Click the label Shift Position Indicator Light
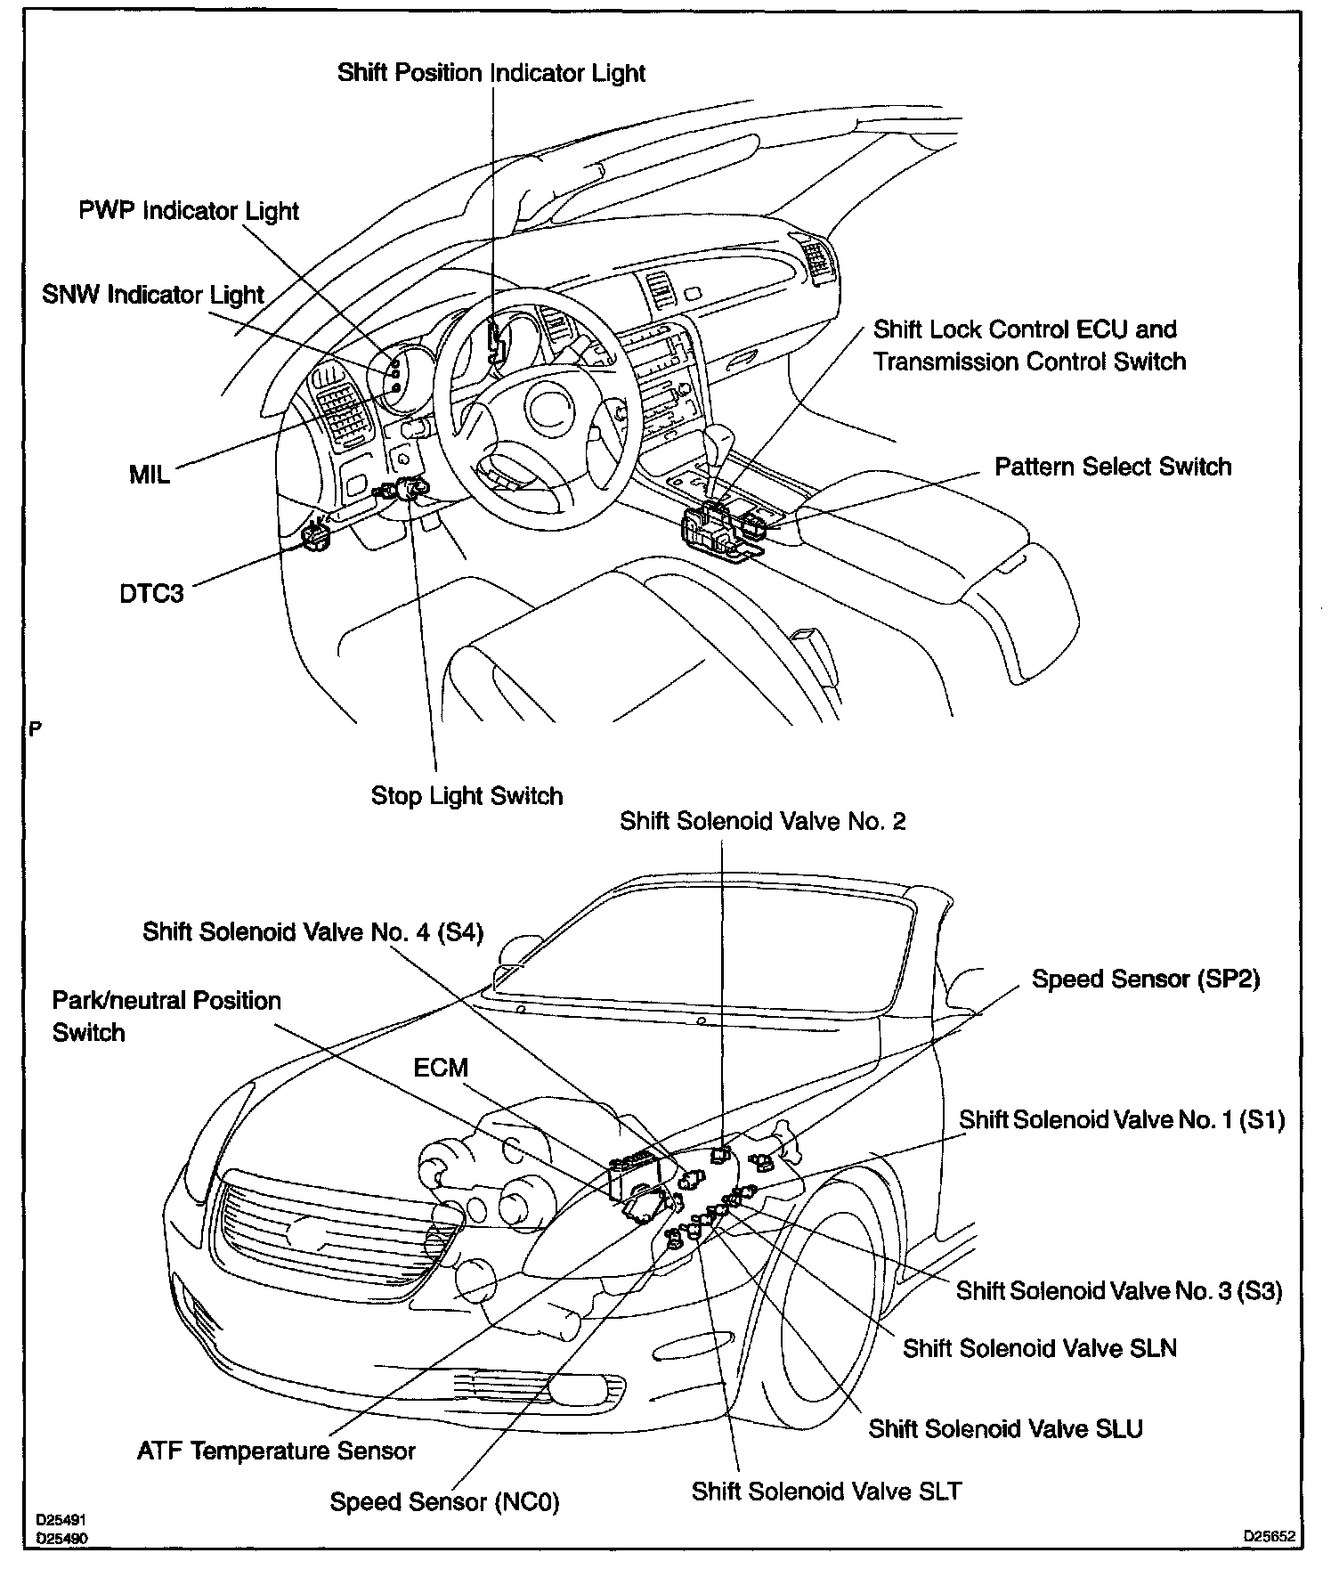[491, 73]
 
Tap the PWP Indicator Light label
[189, 212]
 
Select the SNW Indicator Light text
[153, 295]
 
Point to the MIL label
[149, 475]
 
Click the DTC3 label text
[151, 594]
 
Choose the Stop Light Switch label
[467, 796]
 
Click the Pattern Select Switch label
[1112, 467]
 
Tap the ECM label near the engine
[441, 1068]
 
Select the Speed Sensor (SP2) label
[1145, 980]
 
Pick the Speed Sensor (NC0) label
[444, 1502]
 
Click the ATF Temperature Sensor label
[276, 1451]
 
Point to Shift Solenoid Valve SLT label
[826, 1492]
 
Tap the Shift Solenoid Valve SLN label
[1039, 1349]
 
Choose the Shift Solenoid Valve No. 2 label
[762, 821]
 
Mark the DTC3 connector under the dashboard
[316, 534]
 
